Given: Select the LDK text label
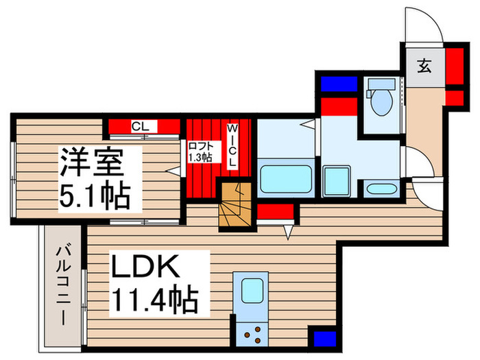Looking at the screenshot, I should pos(145,267).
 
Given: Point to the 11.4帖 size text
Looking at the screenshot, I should pos(155,299).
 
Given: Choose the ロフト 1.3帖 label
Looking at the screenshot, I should pos(200,152).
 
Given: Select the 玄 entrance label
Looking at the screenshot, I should pos(424,67).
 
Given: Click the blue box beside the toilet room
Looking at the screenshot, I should pos(339,84).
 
